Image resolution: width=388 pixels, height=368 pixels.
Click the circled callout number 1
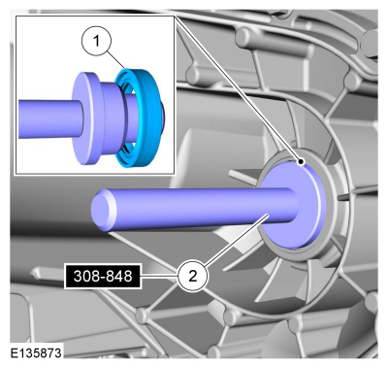pyautogui.click(x=96, y=41)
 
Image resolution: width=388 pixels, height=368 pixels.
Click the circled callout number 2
pyautogui.click(x=192, y=277)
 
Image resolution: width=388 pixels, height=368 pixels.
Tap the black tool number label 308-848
pyautogui.click(x=103, y=277)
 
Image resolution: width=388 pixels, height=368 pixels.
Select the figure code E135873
pyautogui.click(x=36, y=352)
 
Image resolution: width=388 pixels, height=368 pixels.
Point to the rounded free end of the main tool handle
pyautogui.click(x=103, y=210)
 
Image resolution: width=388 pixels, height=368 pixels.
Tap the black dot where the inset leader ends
pyautogui.click(x=301, y=161)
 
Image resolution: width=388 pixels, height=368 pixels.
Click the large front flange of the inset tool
pyautogui.click(x=84, y=118)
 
